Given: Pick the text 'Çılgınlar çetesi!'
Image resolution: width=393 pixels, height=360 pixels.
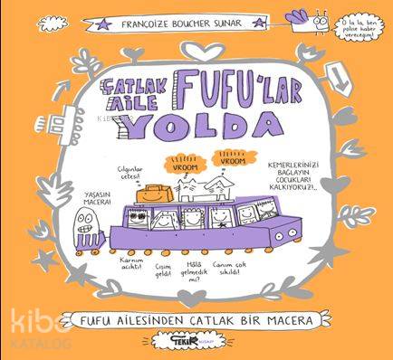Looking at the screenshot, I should pyautogui.click(x=126, y=172).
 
